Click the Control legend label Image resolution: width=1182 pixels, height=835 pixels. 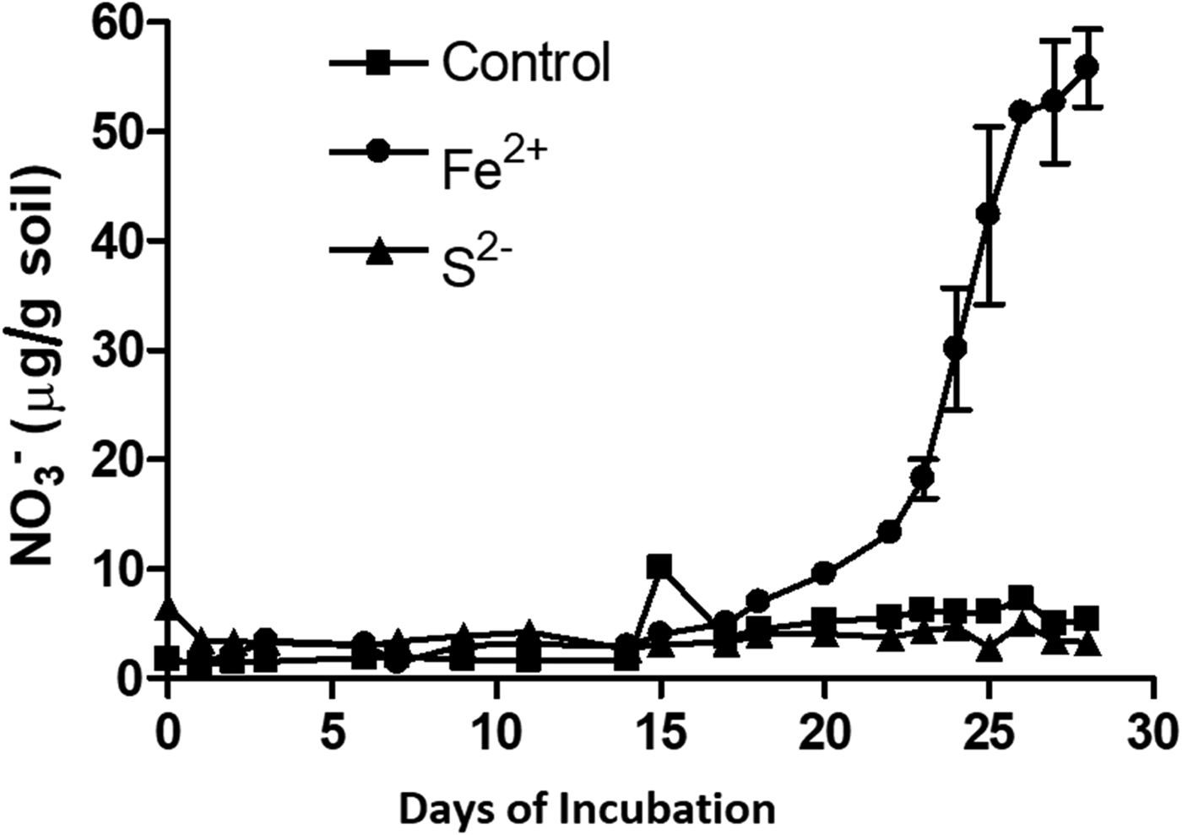526,62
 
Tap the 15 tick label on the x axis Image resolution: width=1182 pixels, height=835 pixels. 659,735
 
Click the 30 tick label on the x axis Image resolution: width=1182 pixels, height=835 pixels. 1152,735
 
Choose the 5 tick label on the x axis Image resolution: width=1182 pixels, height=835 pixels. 332,735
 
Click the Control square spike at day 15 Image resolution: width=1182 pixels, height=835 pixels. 659,567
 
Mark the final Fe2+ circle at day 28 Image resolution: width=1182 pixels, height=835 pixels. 1087,67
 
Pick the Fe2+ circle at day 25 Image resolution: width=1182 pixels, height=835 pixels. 988,214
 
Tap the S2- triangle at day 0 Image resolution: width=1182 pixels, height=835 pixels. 168,606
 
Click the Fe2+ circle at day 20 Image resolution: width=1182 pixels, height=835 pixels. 824,574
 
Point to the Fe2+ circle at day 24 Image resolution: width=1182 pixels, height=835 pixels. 955,347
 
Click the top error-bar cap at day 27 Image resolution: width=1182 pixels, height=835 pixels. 1054,40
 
